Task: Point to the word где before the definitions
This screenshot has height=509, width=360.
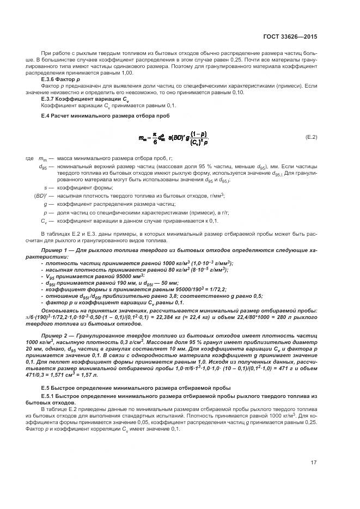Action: (30, 158)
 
